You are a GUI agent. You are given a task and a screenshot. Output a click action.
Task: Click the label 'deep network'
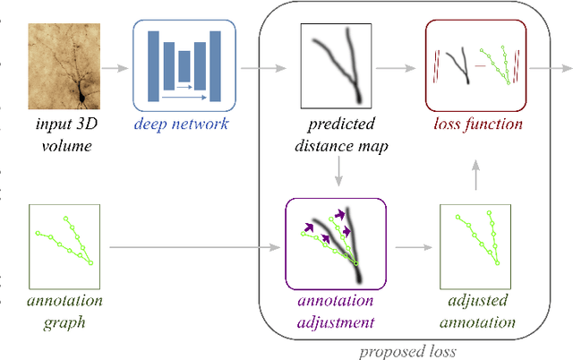182,124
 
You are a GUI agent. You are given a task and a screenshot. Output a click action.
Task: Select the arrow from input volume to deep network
114,66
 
